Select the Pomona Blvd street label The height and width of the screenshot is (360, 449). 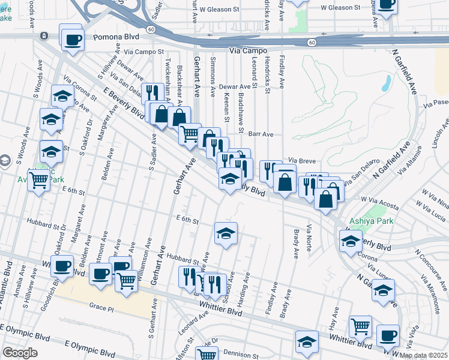pos(116,37)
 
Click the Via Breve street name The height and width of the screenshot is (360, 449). pos(301,161)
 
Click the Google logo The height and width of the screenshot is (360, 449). pos(20,353)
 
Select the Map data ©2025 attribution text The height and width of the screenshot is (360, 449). pos(424,355)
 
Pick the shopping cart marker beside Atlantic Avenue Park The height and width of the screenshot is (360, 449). pos(39,179)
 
